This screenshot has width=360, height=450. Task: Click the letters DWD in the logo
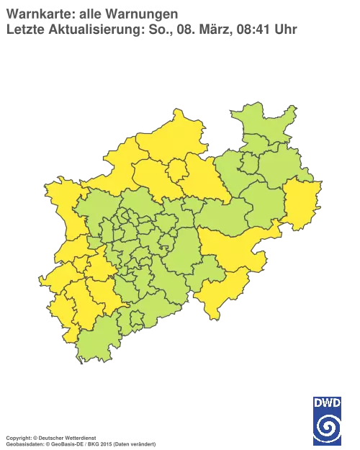pyautogui.click(x=328, y=402)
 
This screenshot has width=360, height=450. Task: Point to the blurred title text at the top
pyautogui.click(x=151, y=22)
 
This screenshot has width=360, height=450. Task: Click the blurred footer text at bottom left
pyautogui.click(x=79, y=438)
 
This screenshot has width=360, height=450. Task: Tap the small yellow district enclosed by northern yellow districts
pyautogui.click(x=177, y=168)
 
